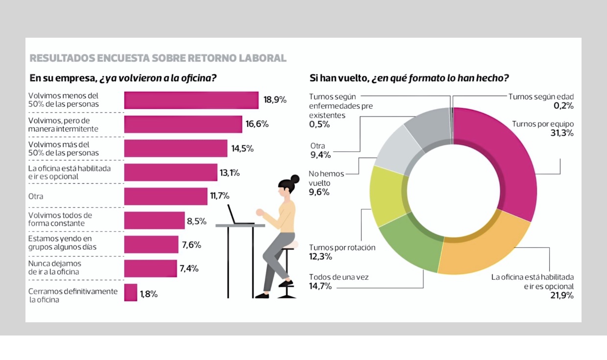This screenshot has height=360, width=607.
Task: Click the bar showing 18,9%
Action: [191, 100]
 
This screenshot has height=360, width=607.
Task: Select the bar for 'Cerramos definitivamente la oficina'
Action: [131, 293]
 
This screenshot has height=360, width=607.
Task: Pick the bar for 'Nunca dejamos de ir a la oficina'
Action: [150, 268]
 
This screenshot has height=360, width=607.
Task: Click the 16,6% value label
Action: [257, 124]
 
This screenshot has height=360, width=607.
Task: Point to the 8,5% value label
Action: [196, 221]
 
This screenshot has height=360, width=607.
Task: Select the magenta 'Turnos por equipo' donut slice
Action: [499, 157]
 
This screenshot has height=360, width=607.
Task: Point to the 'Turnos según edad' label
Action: [541, 96]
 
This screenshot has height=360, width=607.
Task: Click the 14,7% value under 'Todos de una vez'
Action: [320, 286]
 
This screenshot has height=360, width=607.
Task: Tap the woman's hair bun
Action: [295, 179]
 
